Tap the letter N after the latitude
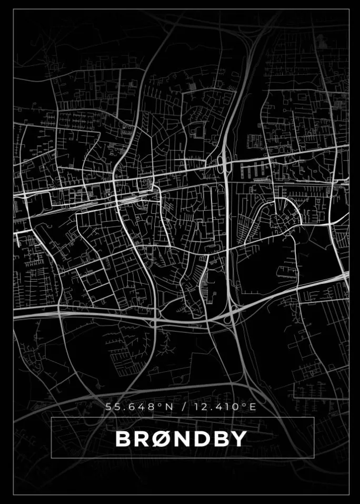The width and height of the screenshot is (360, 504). tap(163, 407)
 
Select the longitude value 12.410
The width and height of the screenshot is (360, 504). tap(215, 407)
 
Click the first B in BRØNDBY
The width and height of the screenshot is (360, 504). tap(122, 439)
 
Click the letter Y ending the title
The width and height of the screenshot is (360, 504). tap(239, 439)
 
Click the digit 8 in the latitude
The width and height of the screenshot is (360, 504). tap(147, 407)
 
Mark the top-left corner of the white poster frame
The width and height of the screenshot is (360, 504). tap(13, 9)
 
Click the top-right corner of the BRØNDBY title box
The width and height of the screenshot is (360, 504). tap(314, 417)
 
